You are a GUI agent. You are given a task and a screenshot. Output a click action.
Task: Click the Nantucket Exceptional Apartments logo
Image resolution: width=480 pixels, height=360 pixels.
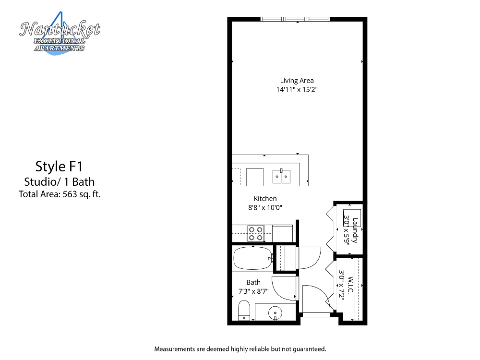pos(60,34)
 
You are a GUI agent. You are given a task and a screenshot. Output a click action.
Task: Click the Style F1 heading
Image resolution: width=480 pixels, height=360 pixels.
pos(59,167)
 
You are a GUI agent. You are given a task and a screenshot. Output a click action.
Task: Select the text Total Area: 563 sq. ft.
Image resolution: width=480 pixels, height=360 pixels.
pos(60,194)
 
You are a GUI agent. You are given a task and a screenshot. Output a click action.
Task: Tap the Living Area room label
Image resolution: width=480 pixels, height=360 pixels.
pos(297,81)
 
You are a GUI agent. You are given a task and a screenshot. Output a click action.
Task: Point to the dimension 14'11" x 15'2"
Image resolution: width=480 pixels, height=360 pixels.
pos(297,89)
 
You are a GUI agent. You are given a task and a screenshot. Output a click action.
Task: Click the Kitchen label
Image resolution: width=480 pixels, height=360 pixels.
pos(265,198)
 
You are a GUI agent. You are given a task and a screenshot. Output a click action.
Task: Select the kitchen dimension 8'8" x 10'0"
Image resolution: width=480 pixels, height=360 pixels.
pos(265,207)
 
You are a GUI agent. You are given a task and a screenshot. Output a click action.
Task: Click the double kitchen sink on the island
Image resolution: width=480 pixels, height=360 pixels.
pos(281,176)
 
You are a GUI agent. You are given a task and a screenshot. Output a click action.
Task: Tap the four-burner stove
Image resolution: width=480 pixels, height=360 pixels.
pos(256,234)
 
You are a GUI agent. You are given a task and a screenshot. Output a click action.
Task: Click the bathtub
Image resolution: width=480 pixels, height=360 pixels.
pos(253,258)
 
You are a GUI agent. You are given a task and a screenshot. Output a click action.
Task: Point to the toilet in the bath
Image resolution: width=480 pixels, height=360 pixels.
pos(244,311)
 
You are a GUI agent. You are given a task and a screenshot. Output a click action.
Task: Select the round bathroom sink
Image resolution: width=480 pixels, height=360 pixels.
pos(275,313)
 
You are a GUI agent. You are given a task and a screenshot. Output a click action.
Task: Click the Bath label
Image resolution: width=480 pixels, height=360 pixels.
pos(253,282)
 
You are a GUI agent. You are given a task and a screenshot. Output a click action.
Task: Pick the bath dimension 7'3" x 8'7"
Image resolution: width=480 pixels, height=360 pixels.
pos(253,291)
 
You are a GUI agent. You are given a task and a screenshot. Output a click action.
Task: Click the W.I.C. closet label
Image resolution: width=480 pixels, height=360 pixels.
pos(350,285)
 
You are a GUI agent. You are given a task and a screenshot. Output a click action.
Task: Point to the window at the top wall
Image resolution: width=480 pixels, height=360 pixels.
pos(295,19)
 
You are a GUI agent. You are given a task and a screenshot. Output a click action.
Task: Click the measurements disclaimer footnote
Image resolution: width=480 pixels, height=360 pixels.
pos(240,349)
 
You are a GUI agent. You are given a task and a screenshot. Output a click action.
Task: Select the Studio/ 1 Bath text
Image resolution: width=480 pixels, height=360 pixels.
pos(60,182)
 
